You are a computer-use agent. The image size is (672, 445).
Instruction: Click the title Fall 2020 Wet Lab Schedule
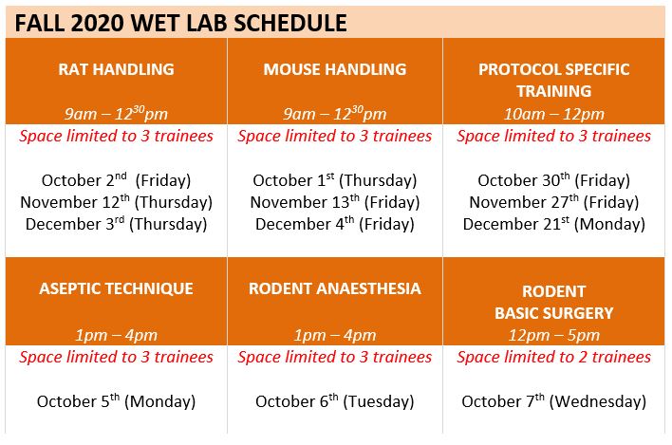(180, 23)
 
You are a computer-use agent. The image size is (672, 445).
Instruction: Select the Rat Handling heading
(116, 69)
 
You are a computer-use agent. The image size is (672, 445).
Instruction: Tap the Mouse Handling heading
(335, 69)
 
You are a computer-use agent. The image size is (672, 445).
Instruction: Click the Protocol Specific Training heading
(553, 80)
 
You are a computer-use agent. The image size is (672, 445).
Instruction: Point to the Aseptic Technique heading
(116, 288)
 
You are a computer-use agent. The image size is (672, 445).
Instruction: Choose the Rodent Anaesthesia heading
(335, 288)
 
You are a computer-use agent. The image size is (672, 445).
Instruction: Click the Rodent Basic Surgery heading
(553, 302)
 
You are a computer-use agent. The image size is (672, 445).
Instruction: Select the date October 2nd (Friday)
(116, 180)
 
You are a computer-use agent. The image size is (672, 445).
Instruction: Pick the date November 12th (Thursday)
(116, 202)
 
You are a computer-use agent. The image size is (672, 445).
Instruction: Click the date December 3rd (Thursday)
(116, 224)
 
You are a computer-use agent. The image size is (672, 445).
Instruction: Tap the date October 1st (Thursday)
(335, 180)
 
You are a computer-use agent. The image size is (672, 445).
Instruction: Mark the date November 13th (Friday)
(335, 202)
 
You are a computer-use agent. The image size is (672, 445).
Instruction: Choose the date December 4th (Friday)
(335, 224)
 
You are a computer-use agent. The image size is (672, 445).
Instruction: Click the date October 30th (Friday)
(553, 180)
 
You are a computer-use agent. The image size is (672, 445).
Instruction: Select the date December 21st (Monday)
(553, 224)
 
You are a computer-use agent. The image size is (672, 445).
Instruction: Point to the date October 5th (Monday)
(116, 401)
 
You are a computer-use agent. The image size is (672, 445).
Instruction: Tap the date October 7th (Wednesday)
(553, 401)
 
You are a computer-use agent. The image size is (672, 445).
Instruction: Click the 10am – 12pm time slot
(553, 114)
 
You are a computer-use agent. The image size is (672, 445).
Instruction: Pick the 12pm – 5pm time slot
(553, 335)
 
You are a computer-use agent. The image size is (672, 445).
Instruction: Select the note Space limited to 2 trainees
(553, 357)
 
